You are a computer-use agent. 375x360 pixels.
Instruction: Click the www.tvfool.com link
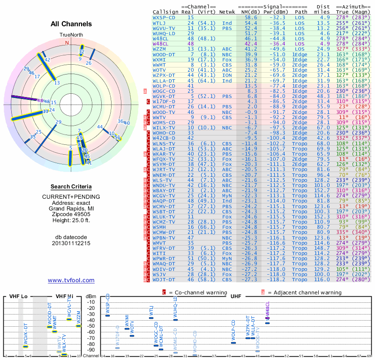71,280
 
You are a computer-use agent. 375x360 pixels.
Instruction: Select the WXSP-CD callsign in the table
164,17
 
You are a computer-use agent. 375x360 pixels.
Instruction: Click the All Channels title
71,24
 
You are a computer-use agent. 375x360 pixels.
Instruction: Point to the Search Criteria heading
71,187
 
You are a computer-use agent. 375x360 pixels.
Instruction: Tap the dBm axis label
90,296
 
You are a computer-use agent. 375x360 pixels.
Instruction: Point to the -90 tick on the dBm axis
90,350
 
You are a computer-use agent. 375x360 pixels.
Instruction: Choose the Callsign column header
165,12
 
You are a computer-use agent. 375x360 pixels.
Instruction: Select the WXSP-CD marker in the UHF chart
107,315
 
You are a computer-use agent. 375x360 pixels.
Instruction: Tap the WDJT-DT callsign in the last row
164,279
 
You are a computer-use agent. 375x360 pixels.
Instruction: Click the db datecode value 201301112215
71,243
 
